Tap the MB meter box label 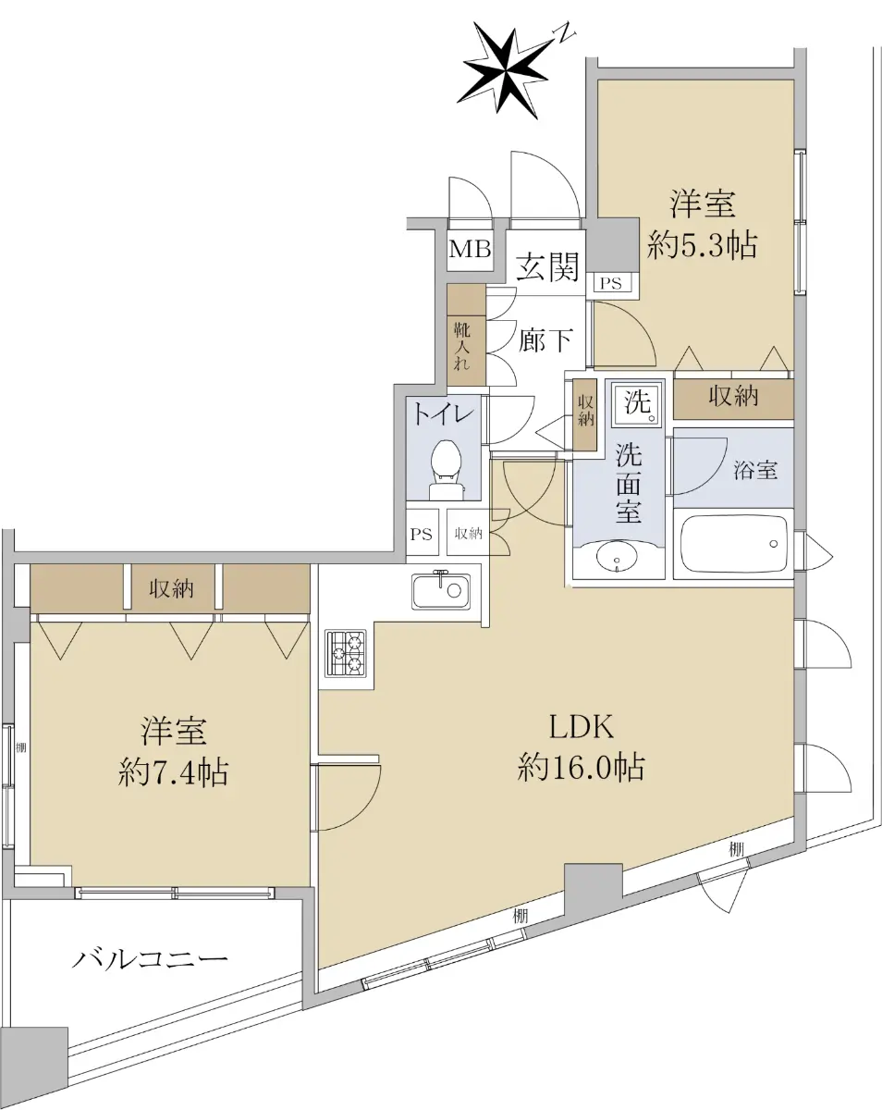pos(470,250)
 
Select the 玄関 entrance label pos(548,266)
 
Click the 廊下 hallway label pos(545,339)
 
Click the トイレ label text pos(444,413)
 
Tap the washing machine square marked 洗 pos(638,404)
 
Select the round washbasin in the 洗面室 pos(617,558)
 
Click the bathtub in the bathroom pos(734,544)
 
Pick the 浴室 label pos(755,471)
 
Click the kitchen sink pos(441,589)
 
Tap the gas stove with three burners pos(345,652)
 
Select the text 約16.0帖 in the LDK pos(582,766)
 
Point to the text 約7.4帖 pos(173,772)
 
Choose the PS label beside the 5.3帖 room pos(611,283)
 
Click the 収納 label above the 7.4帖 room pos(171,588)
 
